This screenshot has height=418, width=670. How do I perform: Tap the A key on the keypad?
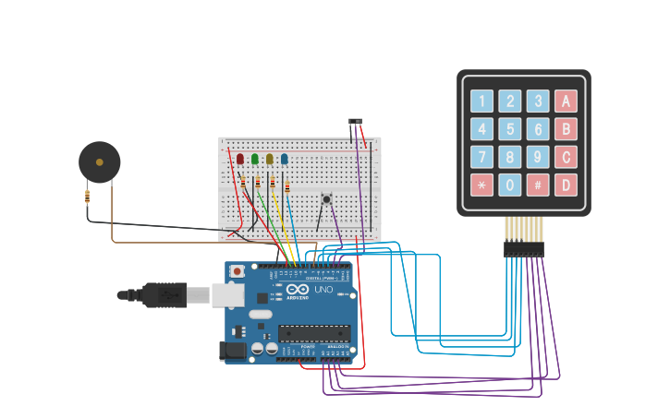[566, 102]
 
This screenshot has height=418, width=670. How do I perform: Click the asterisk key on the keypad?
[481, 185]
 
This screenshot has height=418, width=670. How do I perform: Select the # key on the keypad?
[538, 185]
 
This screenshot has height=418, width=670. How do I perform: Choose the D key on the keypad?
[566, 185]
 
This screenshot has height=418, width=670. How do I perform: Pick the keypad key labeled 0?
[509, 185]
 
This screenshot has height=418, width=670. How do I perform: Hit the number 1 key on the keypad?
[481, 102]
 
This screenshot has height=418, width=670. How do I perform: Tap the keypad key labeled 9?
[538, 157]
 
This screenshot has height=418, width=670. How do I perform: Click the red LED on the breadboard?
[240, 159]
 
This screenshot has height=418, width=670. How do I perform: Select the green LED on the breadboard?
[255, 159]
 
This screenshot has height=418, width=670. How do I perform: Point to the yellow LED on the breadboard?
[270, 159]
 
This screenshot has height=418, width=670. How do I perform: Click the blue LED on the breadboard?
[285, 159]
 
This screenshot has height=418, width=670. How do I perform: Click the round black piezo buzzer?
[99, 162]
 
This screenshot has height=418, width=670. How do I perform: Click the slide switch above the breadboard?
[356, 121]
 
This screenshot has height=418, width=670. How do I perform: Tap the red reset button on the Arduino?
[238, 271]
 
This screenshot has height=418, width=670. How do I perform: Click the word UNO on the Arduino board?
[323, 289]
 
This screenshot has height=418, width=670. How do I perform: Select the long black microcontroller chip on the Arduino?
[314, 332]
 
